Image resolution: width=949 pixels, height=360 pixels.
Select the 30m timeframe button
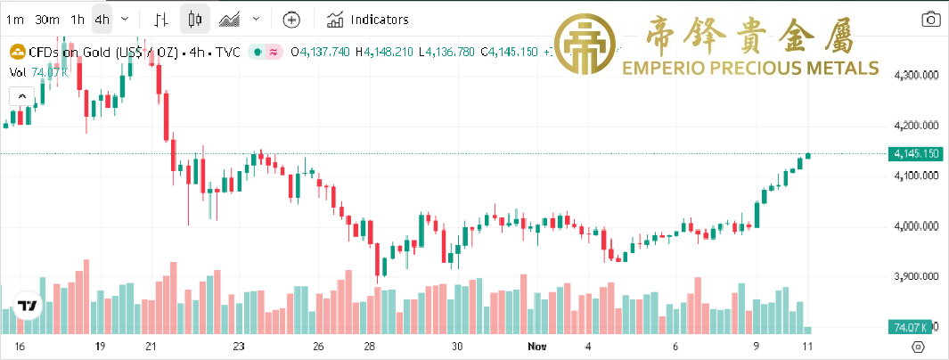(x=46, y=19)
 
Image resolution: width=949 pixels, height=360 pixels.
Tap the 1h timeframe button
(x=78, y=19)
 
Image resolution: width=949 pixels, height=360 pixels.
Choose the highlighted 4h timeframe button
(x=103, y=19)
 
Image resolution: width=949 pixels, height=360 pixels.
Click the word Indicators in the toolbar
(x=380, y=19)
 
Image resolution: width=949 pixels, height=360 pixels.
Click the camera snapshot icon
(x=930, y=19)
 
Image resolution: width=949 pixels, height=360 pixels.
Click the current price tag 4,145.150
(x=916, y=154)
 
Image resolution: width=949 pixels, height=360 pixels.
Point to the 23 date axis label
(x=238, y=346)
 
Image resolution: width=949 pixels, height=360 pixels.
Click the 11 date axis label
(x=807, y=346)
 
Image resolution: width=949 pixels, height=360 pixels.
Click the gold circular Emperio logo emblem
(x=585, y=44)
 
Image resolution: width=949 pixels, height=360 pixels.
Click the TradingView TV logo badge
(x=28, y=306)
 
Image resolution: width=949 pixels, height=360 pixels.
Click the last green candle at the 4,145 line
(x=807, y=156)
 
